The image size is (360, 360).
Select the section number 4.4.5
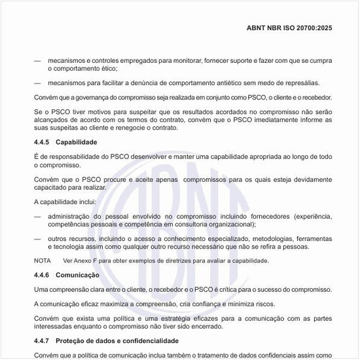(43, 141)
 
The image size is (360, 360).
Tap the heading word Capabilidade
(77, 141)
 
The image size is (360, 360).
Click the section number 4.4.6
(43, 275)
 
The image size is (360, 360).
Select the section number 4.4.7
(43, 341)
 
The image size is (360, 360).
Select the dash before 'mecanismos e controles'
(37, 60)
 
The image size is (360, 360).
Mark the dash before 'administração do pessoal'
(37, 217)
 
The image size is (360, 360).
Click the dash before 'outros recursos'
(37, 239)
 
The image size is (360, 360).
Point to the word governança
(84, 98)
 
